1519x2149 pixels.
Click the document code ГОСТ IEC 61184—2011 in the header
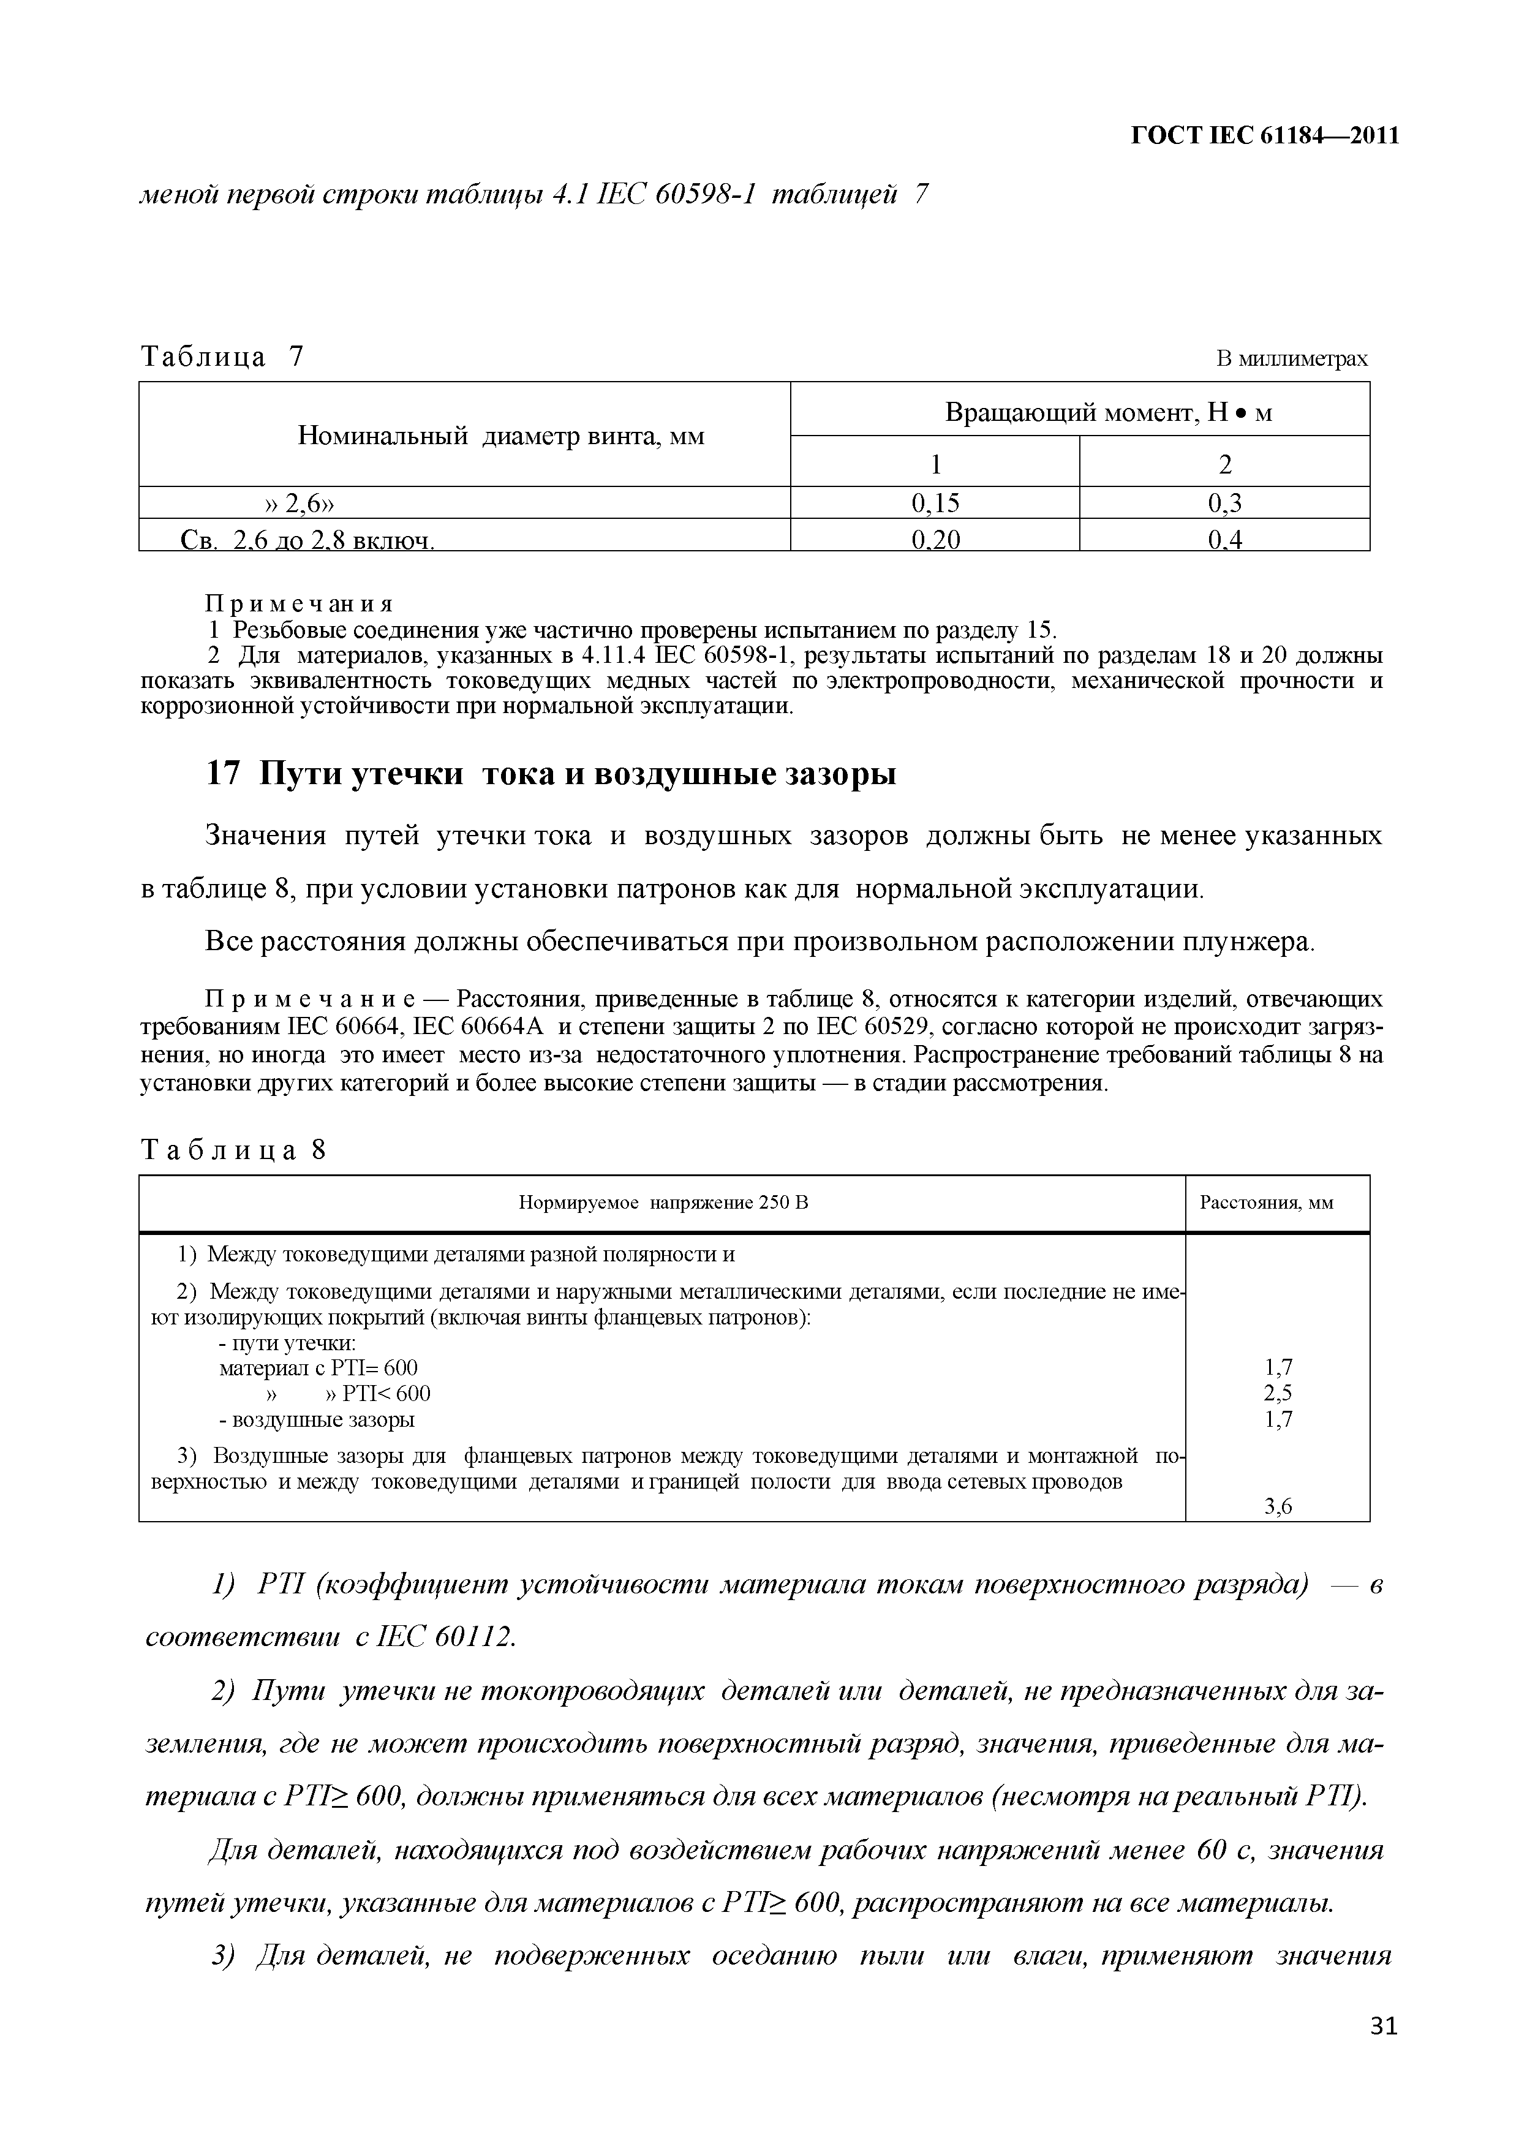[1265, 137]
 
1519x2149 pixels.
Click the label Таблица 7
[222, 357]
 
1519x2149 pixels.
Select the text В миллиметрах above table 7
[1292, 358]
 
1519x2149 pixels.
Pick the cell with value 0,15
[935, 504]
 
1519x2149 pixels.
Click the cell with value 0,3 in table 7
[1224, 504]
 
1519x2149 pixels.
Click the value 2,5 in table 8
[1278, 1392]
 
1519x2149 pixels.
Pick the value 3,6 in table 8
[1278, 1507]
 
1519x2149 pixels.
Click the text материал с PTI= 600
[318, 1367]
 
